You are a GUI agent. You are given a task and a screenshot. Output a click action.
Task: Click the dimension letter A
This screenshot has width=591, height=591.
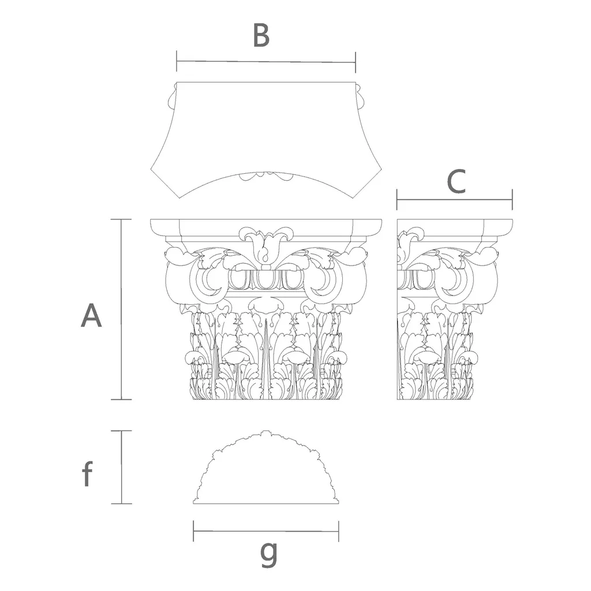click(92, 316)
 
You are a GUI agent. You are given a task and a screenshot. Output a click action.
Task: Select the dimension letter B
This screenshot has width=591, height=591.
click(261, 35)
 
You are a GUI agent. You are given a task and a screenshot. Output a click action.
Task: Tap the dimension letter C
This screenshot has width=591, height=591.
click(457, 182)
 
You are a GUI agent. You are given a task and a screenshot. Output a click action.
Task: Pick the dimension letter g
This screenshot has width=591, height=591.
click(269, 553)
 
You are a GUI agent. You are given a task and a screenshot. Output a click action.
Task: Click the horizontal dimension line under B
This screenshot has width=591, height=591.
click(266, 62)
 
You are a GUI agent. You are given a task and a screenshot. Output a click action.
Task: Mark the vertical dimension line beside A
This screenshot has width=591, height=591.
click(121, 309)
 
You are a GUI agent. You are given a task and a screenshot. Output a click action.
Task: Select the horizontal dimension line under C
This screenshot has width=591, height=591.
click(455, 200)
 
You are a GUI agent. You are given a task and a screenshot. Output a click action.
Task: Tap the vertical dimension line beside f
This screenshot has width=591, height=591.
click(121, 467)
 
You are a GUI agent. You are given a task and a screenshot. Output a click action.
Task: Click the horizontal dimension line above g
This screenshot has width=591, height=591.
click(266, 531)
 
